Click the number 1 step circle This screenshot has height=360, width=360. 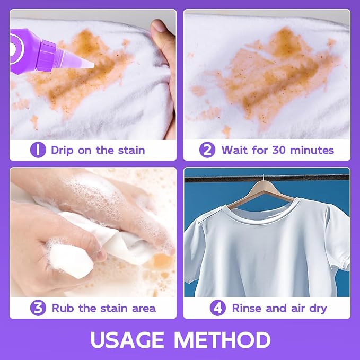tap(38, 150)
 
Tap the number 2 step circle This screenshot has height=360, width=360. tap(207, 150)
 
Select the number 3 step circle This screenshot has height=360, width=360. tap(38, 308)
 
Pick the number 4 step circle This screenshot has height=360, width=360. tap(218, 308)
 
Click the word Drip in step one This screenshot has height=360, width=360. tap(62, 151)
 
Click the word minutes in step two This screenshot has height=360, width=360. tap(312, 150)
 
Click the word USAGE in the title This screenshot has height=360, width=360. tap(127, 340)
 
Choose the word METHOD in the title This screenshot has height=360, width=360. tap(222, 340)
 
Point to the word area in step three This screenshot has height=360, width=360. tap(144, 309)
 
